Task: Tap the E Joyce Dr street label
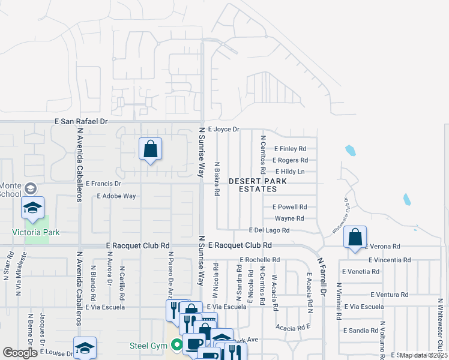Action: pos(223,129)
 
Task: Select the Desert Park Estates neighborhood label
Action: pos(252,185)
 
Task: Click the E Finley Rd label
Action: pos(291,149)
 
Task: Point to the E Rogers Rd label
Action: pos(290,160)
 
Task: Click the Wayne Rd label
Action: pos(289,218)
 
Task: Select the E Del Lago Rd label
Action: pos(270,230)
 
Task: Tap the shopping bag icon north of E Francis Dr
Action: pos(150,148)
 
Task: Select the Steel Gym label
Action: pos(147,346)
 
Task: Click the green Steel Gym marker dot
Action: pos(176,345)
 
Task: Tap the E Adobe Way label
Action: pos(116,196)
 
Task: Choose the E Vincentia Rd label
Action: pos(390,260)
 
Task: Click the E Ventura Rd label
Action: pos(390,295)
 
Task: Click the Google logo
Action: pos(20,353)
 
